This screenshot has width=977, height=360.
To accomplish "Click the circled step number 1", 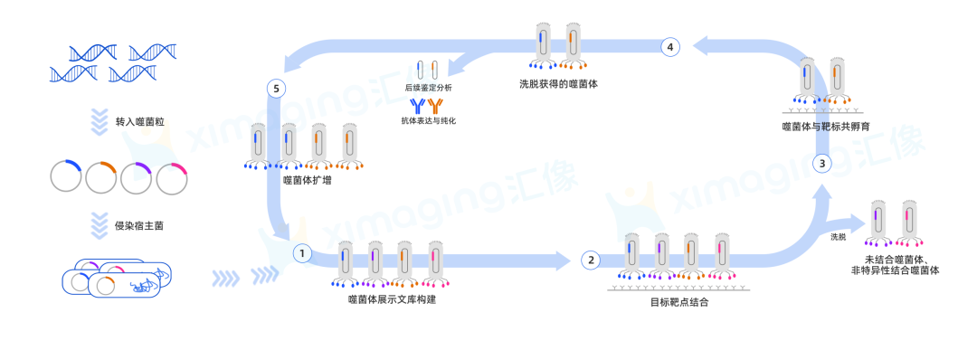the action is click(302, 253).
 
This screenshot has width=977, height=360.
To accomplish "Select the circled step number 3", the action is click(822, 164).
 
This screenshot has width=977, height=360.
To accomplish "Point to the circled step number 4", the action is click(669, 47).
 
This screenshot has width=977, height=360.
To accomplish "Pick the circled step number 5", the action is click(276, 89).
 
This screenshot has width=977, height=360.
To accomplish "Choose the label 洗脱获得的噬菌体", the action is click(559, 83).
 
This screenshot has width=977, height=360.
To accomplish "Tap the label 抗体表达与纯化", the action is click(428, 120).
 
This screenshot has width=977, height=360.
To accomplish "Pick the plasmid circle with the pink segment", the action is click(172, 177).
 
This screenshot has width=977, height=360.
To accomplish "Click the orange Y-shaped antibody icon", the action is click(435, 106).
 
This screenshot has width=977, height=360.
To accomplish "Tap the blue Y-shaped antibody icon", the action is click(417, 106).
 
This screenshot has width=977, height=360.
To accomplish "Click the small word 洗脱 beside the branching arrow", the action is click(839, 237).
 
